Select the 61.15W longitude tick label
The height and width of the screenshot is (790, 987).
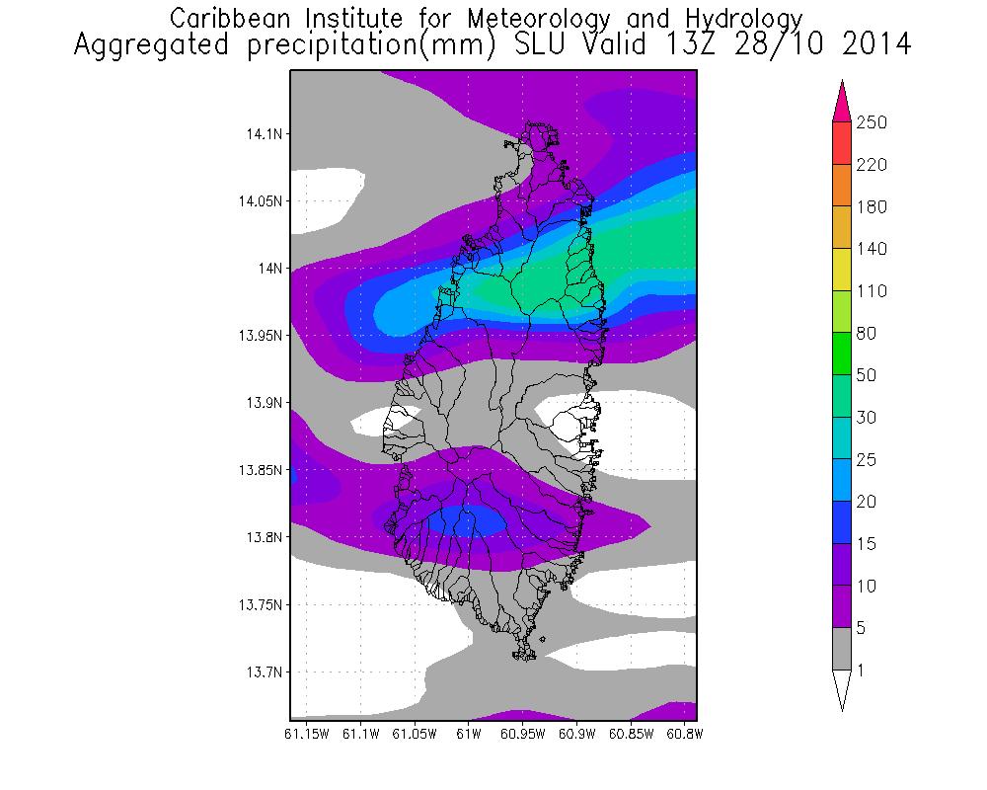pos(306,734)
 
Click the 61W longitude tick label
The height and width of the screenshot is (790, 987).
pos(468,734)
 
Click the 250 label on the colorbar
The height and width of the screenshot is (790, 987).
pos(873,122)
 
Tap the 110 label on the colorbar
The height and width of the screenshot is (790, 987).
pos(872,291)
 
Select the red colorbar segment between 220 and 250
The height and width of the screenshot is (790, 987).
pos(842,143)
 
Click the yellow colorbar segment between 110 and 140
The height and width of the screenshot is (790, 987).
pos(842,270)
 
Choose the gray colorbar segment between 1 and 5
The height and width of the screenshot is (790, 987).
pos(842,649)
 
